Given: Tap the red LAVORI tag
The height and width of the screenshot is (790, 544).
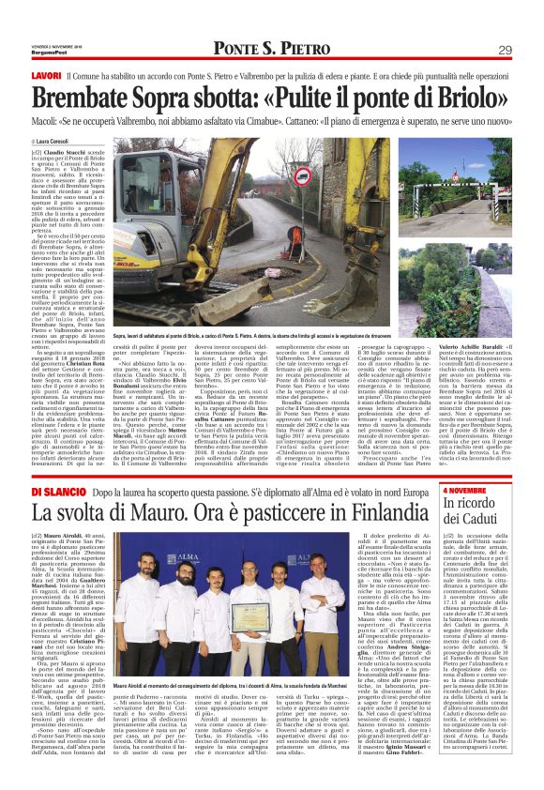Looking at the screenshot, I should [x=47, y=75].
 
